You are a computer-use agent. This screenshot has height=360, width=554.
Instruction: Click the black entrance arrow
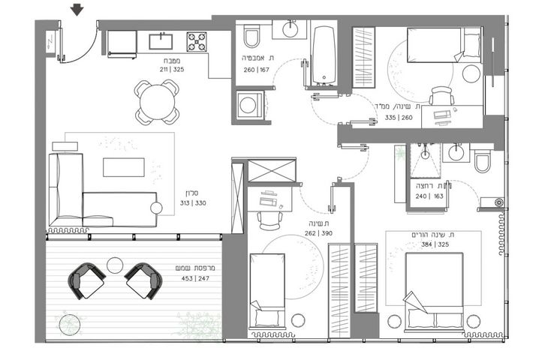(77, 10)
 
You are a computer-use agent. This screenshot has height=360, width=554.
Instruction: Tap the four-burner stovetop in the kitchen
(197, 42)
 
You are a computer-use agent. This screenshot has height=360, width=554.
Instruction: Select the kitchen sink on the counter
(161, 41)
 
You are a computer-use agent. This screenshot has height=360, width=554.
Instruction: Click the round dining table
(157, 102)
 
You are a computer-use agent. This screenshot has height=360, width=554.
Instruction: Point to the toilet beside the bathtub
(251, 36)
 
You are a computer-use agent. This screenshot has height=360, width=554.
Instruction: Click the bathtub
(324, 55)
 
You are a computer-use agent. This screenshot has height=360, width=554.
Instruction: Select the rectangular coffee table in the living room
(124, 167)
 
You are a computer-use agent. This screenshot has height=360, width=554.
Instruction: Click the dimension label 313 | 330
(193, 203)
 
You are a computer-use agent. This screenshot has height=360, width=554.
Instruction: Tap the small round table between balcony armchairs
(115, 265)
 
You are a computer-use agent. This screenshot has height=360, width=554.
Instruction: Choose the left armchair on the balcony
(86, 281)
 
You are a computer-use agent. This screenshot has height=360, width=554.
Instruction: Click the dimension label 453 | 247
(195, 278)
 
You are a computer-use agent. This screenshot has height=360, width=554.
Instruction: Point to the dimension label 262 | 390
(319, 233)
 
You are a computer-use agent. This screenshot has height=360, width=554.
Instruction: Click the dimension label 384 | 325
(435, 244)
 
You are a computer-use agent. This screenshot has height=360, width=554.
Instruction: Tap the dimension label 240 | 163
(429, 196)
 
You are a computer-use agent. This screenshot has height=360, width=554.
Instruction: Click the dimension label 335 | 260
(399, 118)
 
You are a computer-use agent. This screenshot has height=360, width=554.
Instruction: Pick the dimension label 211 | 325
(172, 69)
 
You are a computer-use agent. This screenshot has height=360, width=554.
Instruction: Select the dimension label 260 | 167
(257, 70)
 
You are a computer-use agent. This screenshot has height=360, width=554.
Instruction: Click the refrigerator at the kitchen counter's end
(122, 44)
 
